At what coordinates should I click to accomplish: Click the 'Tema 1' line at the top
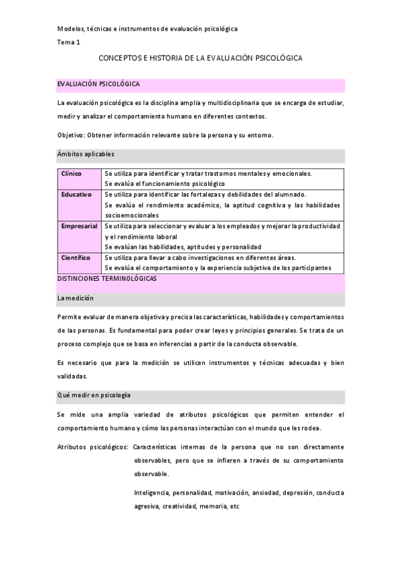point(69,42)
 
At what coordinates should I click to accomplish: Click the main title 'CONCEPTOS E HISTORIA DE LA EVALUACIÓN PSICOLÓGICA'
point(200,59)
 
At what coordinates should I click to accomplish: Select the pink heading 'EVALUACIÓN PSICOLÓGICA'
point(98,85)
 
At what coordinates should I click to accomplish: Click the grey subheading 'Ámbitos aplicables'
point(86,154)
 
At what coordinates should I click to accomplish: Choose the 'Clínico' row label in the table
point(72,174)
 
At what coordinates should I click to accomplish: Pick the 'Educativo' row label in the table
point(76,194)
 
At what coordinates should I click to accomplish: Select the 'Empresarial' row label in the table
point(80,226)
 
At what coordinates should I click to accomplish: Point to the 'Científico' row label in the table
point(76,258)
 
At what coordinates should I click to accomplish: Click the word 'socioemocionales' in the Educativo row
point(132,215)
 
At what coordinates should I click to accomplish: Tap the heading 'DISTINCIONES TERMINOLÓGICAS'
point(107,279)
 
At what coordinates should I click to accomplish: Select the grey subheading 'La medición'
point(76,298)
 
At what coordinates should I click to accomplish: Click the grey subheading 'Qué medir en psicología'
point(94,395)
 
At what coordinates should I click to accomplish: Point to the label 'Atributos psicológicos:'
point(92,447)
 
